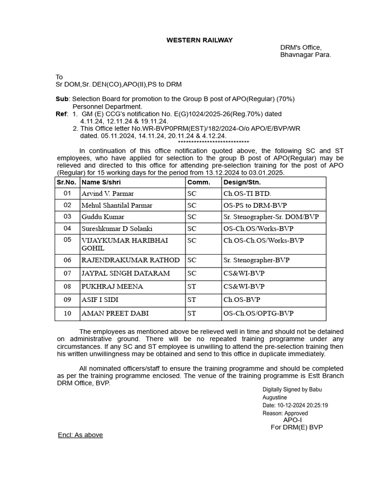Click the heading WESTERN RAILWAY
tap(199, 40)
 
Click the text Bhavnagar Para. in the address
tap(305, 55)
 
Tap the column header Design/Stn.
tap(240, 182)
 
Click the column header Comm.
tap(198, 182)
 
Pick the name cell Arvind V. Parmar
tap(108, 194)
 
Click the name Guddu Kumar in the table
tap(103, 217)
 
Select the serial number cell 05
tap(67, 240)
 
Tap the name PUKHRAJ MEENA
tap(112, 287)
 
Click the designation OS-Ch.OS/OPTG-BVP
tap(258, 313)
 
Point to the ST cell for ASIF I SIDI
tap(192, 300)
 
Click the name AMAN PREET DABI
tap(115, 313)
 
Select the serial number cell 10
tap(67, 313)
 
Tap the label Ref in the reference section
tap(62, 114)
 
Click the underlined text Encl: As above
tap(80, 435)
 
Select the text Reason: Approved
tap(285, 413)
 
